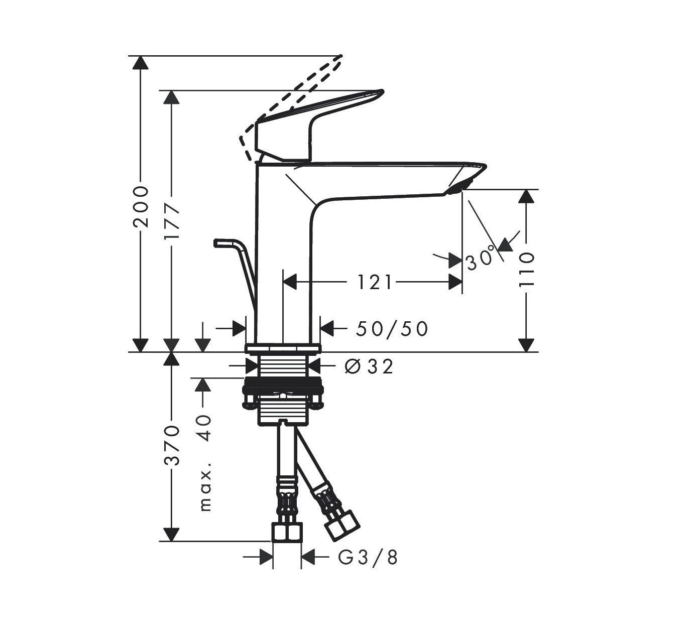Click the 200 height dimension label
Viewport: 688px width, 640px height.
click(x=141, y=207)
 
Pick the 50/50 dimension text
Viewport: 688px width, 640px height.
click(x=392, y=329)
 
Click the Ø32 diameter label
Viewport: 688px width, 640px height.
click(x=369, y=366)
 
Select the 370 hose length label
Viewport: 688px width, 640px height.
click(x=172, y=445)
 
